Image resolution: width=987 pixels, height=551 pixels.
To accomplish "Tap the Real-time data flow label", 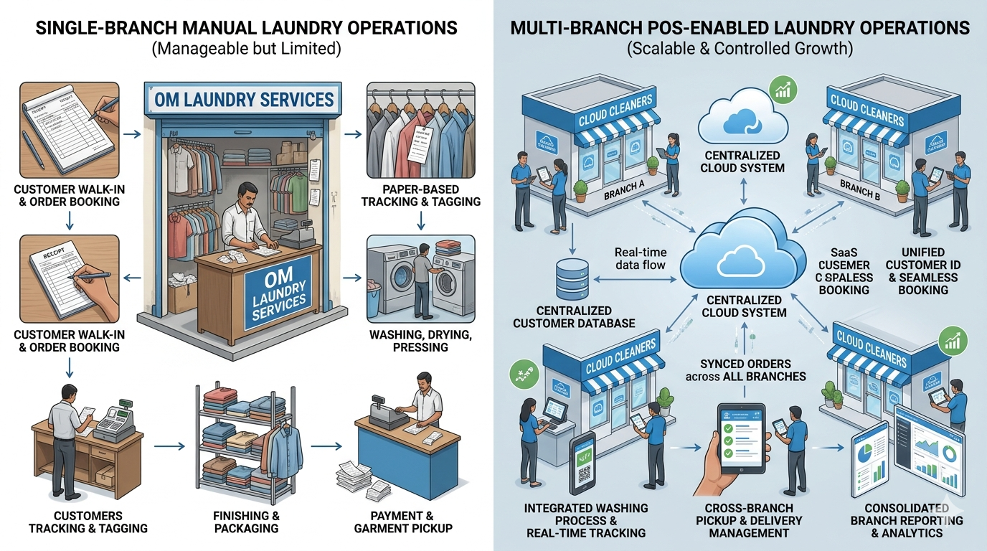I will pos(641,258).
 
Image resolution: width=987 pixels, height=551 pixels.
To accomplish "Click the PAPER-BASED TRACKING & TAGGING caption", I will pos(420,195).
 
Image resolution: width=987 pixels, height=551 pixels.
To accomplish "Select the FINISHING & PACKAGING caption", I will pos(245,522).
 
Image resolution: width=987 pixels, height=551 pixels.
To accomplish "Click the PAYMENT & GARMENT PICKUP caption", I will pos(403,522).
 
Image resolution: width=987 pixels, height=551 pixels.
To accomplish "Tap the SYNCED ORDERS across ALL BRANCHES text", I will pos(746,370).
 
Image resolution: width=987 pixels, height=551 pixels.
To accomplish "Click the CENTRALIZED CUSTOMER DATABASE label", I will pos(574,317).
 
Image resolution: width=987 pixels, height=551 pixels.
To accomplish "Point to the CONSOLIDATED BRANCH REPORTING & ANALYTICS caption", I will pos(906,520).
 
